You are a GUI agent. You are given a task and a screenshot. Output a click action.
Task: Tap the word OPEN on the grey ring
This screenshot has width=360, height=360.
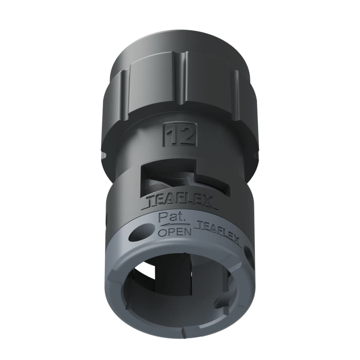click(x=174, y=232)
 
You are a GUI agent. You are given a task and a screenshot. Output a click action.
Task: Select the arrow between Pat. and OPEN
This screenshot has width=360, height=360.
click(x=173, y=225)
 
